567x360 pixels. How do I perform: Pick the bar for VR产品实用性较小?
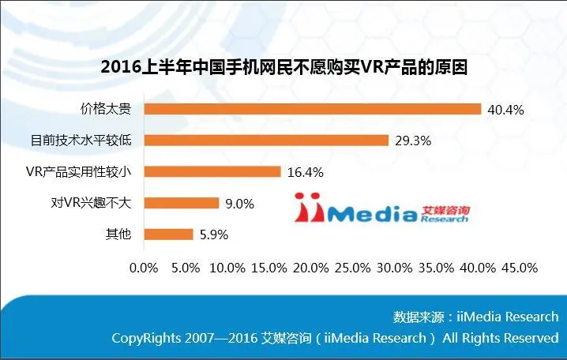pyautogui.click(x=212, y=171)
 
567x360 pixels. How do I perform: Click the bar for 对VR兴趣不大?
pyautogui.click(x=181, y=203)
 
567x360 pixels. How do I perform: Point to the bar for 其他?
pyautogui.click(x=168, y=234)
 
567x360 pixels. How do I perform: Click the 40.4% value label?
pyautogui.click(x=506, y=109)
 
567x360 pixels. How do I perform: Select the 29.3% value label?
pyautogui.click(x=414, y=141)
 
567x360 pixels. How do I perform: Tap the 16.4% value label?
pyautogui.click(x=306, y=171)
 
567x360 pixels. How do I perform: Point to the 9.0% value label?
pyautogui.click(x=240, y=203)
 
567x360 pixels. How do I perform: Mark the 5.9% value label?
pyautogui.click(x=215, y=234)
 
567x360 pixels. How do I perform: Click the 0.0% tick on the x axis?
pyautogui.click(x=143, y=268)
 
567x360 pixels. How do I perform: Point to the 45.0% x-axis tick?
pyautogui.click(x=519, y=268)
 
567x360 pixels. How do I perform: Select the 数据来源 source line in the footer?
pyautogui.click(x=475, y=317)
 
